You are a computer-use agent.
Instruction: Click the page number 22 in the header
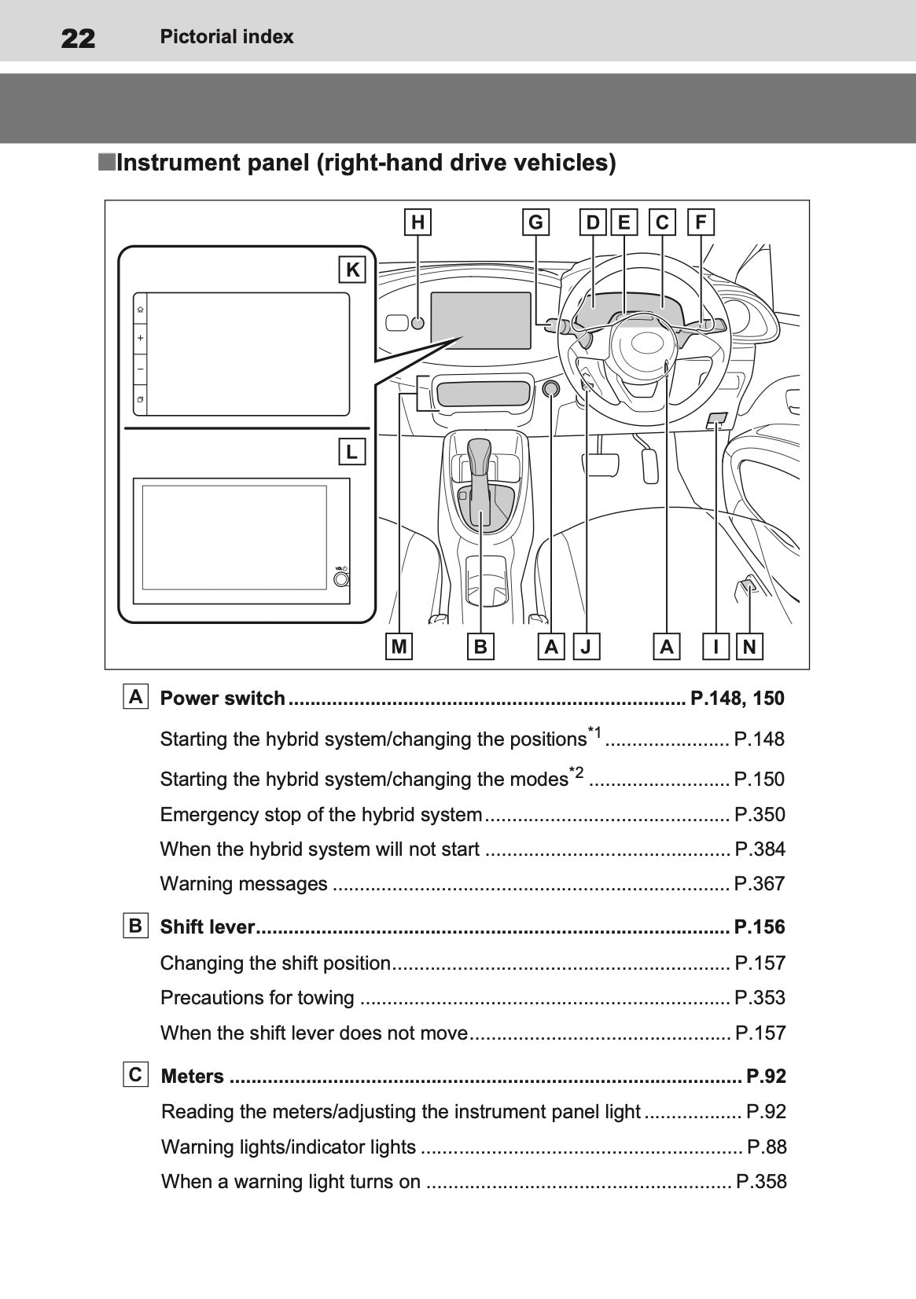click(x=78, y=38)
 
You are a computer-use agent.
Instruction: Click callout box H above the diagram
click(x=418, y=222)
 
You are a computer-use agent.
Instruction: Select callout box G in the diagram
click(x=535, y=222)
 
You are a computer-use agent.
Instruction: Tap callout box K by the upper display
click(x=352, y=270)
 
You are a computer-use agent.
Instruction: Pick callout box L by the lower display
click(x=351, y=452)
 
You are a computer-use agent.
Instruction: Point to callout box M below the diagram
click(x=399, y=647)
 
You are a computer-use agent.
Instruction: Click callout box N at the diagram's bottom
click(x=749, y=647)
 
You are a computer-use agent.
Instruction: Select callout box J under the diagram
click(x=586, y=647)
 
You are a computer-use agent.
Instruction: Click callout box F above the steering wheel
click(x=700, y=222)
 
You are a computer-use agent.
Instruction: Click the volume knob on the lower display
click(x=341, y=579)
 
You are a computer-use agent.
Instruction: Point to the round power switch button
click(x=551, y=388)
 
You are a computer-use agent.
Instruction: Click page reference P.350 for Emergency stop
click(x=759, y=814)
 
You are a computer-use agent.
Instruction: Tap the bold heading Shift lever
click(x=208, y=927)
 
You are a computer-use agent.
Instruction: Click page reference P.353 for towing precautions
click(x=759, y=998)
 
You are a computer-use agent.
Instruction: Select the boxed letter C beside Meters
click(x=135, y=1074)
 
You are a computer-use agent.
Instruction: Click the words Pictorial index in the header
click(x=226, y=37)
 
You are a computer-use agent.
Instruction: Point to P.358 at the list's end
click(x=760, y=1182)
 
